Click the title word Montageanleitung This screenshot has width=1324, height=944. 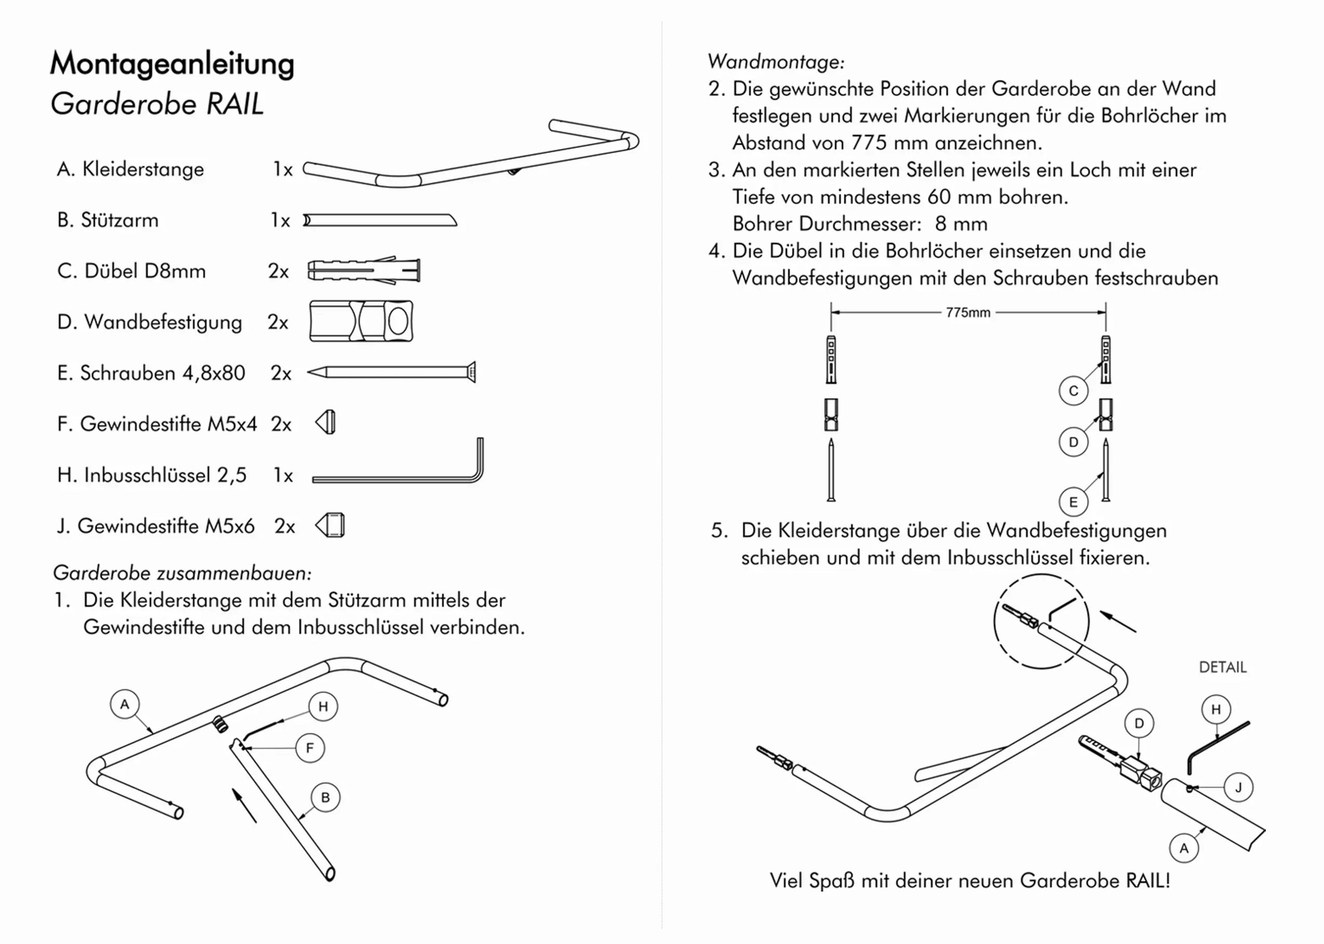coord(172,63)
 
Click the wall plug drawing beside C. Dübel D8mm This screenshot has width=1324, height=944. coord(363,270)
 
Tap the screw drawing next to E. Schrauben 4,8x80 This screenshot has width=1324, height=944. coord(391,372)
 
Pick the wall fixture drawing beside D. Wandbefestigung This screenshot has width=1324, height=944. coord(361,321)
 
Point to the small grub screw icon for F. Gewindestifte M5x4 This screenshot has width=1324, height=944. coord(326,422)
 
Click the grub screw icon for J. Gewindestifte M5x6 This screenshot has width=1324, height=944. coord(330,526)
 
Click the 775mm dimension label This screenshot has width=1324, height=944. coord(968,313)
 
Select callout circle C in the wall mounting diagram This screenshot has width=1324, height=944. coord(1073,391)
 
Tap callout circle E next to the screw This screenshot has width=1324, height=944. coord(1073,502)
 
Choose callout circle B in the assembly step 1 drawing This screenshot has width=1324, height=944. coord(325,798)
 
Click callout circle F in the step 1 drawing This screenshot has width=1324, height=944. coord(310,748)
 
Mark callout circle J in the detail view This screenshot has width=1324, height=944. coord(1238,788)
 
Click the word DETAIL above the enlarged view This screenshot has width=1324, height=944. coord(1222,667)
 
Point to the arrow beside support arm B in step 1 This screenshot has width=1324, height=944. coord(244,805)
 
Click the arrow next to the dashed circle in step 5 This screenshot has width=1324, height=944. coord(1118,621)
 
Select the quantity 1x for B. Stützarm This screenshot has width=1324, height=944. coord(280,221)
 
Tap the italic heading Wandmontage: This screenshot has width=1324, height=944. coord(776,62)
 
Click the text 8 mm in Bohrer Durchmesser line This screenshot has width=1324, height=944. coord(961,224)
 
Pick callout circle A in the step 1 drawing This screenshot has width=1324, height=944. coord(125,705)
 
